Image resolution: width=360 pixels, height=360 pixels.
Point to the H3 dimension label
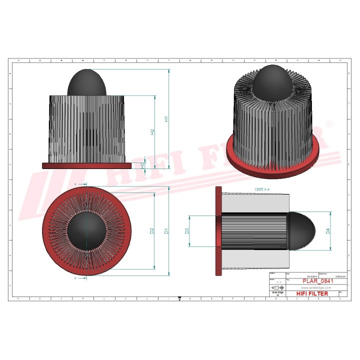tap(142, 165)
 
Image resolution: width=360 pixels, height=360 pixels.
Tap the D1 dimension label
tap(167, 231)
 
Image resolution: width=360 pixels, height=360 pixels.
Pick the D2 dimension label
tap(152, 231)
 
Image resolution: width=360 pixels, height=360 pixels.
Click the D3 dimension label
tap(186, 231)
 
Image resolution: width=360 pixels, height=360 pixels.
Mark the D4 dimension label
tap(328, 231)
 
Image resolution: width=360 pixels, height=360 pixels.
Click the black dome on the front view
tap(87, 82)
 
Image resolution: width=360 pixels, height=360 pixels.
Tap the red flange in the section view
tap(218, 231)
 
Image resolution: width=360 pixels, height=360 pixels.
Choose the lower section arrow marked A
tap(76, 277)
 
